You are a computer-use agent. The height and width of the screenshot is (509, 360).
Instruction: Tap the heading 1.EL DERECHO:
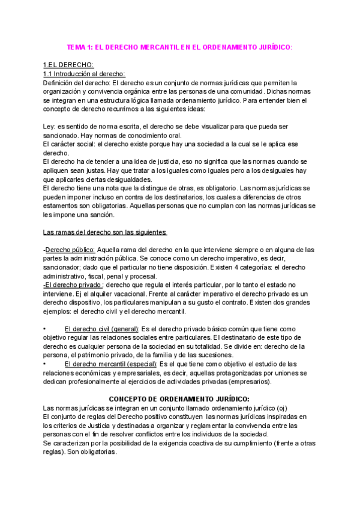[x=68, y=65]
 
